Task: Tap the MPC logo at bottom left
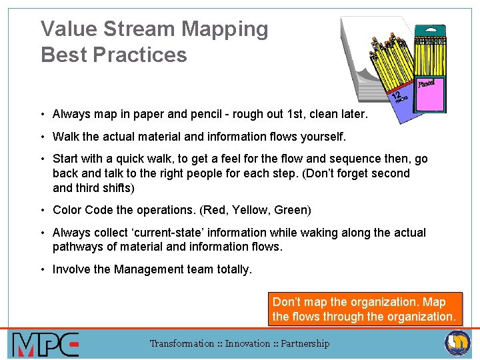(45, 344)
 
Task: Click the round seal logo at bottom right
(457, 343)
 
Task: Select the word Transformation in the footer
(181, 343)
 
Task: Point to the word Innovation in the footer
(249, 343)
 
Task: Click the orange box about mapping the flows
(364, 309)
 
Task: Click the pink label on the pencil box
(430, 91)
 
